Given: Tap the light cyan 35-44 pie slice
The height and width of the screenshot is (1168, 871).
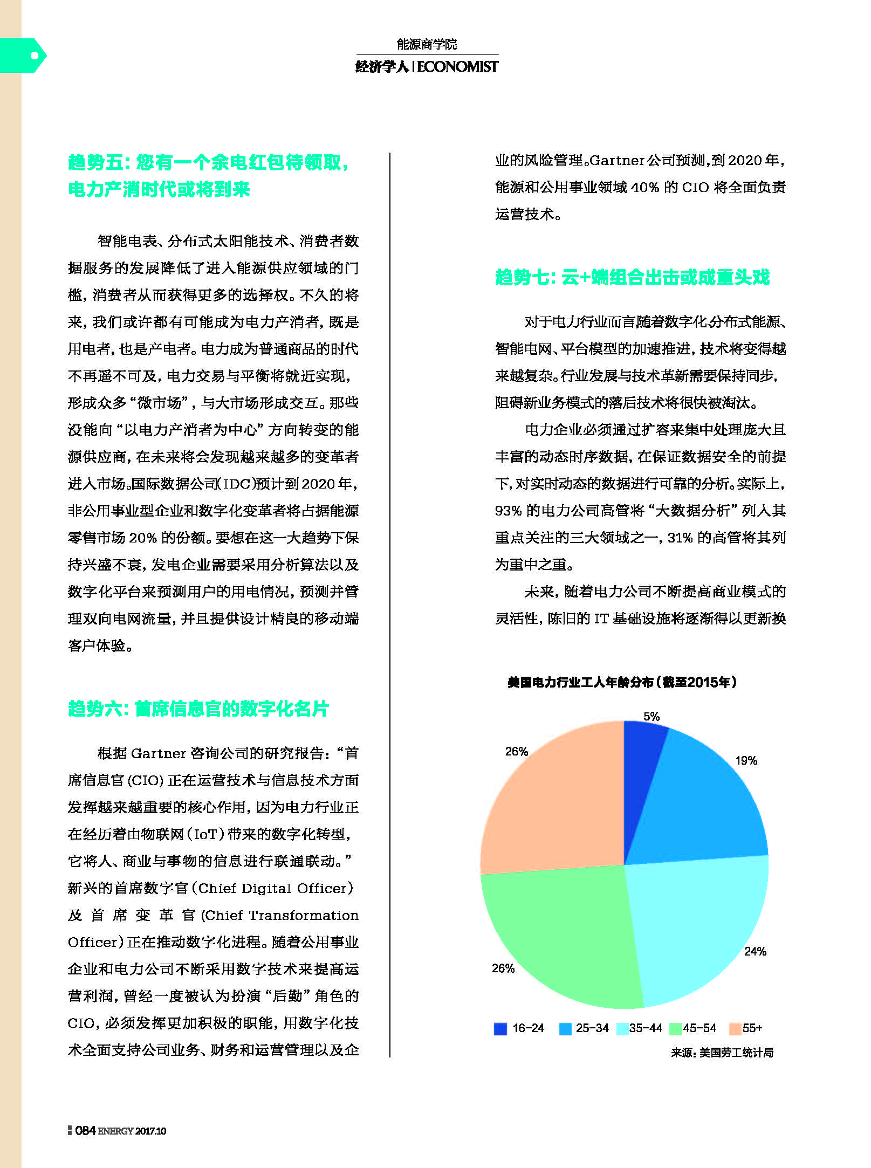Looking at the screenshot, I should coord(696,927).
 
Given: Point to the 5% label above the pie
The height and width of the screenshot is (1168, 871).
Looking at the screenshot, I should coord(651,717).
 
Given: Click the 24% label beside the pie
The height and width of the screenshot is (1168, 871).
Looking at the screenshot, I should coord(755,951).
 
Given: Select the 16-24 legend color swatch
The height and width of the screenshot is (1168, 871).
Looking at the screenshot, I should coord(500,1028).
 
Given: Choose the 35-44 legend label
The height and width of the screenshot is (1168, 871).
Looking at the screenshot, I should coord(646,1028).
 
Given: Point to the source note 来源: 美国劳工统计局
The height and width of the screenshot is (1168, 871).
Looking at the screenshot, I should coord(722,1053).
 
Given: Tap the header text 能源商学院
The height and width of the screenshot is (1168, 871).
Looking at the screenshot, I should coord(427,44).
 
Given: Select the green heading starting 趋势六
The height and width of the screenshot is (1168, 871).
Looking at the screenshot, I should coord(198,709).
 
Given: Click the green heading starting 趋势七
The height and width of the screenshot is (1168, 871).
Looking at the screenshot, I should coord(632,277).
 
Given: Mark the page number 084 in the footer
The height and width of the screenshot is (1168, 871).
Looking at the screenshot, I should coord(85,1131).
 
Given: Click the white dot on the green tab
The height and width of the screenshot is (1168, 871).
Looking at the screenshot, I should coord(35,55).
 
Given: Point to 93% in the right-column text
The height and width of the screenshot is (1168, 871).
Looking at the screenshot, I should coord(508,511).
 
